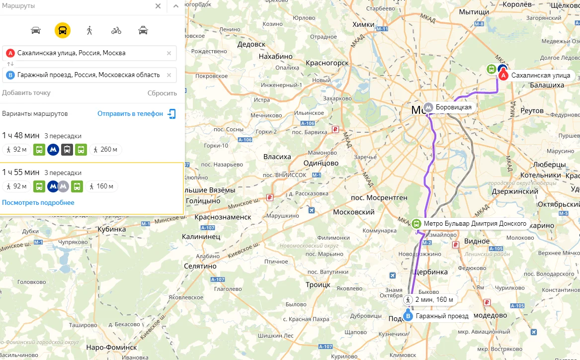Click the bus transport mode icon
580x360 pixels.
coord(63,30)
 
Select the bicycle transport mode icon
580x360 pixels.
coord(116,30)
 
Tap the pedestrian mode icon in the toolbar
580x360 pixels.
coord(89,30)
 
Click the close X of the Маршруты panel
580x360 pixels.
coord(158,6)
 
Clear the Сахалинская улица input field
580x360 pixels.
coord(169,53)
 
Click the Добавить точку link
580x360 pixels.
coord(26,93)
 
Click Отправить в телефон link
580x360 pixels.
coord(130,113)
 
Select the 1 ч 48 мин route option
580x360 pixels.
coord(21,136)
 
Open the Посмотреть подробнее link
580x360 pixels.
coord(38,202)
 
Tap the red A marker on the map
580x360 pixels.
coord(503,76)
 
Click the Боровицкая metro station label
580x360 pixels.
coord(453,107)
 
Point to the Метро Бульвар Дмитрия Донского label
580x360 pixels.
coord(475,224)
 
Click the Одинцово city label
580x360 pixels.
coord(321,163)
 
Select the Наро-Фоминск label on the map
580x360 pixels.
coord(111,347)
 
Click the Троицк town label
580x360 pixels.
coord(318,285)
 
